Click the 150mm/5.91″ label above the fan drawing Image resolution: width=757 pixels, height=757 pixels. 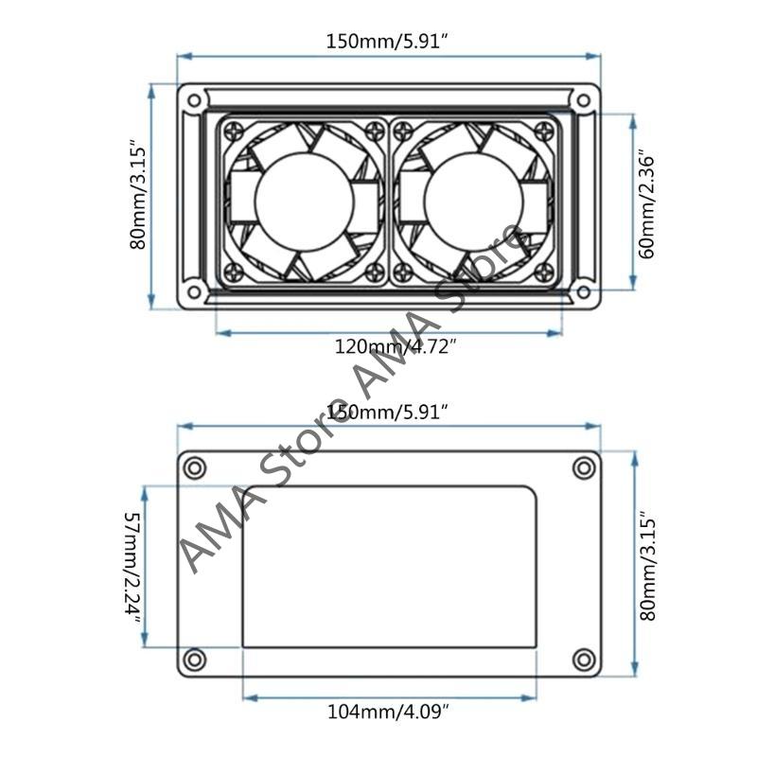point(386,41)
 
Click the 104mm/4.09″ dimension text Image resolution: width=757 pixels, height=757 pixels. point(388,710)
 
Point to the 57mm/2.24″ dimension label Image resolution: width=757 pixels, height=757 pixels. point(132,566)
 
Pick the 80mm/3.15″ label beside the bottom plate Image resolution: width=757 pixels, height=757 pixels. point(647,566)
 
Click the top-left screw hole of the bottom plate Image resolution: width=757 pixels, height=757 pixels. point(195,467)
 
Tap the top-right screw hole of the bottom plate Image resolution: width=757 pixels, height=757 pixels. point(584,467)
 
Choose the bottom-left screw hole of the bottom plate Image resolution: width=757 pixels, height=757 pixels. point(195,659)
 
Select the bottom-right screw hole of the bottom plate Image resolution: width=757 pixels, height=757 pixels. point(584,659)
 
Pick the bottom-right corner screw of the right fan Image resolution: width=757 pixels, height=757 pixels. point(546,272)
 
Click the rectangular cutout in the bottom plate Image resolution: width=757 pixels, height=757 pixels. point(388,566)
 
